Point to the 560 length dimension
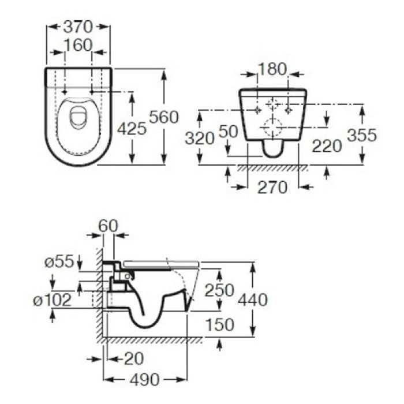click(x=164, y=117)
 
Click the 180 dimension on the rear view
click(x=271, y=70)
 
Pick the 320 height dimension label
click(x=200, y=137)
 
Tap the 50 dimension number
click(x=229, y=132)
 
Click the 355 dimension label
click(x=362, y=135)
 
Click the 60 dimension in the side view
click(x=107, y=226)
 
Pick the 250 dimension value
click(x=220, y=290)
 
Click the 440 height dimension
click(x=252, y=300)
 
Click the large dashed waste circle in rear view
click(x=271, y=124)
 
